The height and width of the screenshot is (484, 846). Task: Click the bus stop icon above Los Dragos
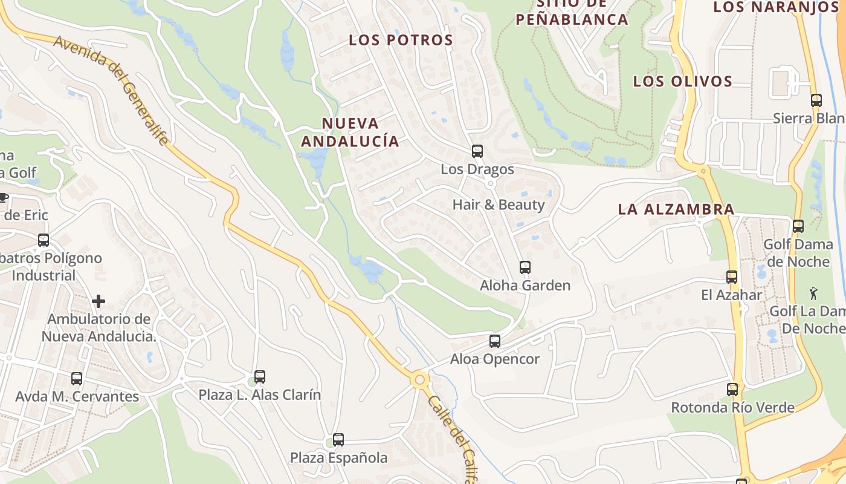[477, 151]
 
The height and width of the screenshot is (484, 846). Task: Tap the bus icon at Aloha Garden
[525, 267]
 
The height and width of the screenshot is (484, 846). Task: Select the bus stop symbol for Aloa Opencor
[495, 341]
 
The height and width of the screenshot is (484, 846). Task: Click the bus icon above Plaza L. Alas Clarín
[260, 377]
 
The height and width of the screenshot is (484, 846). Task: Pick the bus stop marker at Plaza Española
[338, 440]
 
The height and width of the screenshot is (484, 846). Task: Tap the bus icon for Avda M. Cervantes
[77, 379]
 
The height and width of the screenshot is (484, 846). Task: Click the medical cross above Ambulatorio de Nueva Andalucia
[98, 301]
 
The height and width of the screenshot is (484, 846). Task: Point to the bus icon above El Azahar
[732, 277]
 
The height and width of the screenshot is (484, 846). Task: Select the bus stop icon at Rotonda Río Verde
[732, 390]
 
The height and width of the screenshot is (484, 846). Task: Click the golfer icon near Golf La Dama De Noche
[814, 294]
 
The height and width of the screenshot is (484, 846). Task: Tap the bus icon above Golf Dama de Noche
[798, 226]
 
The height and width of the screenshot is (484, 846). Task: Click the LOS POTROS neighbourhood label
[401, 41]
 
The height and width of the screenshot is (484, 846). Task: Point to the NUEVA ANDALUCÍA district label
[350, 132]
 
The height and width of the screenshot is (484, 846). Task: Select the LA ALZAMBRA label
[676, 210]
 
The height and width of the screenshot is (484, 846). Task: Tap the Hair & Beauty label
[499, 204]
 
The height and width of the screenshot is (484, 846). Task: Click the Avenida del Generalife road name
[111, 91]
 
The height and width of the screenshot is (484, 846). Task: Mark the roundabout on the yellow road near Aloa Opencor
[419, 380]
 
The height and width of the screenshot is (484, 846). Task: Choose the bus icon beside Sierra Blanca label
[816, 100]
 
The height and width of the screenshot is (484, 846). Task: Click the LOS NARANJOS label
[775, 7]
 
